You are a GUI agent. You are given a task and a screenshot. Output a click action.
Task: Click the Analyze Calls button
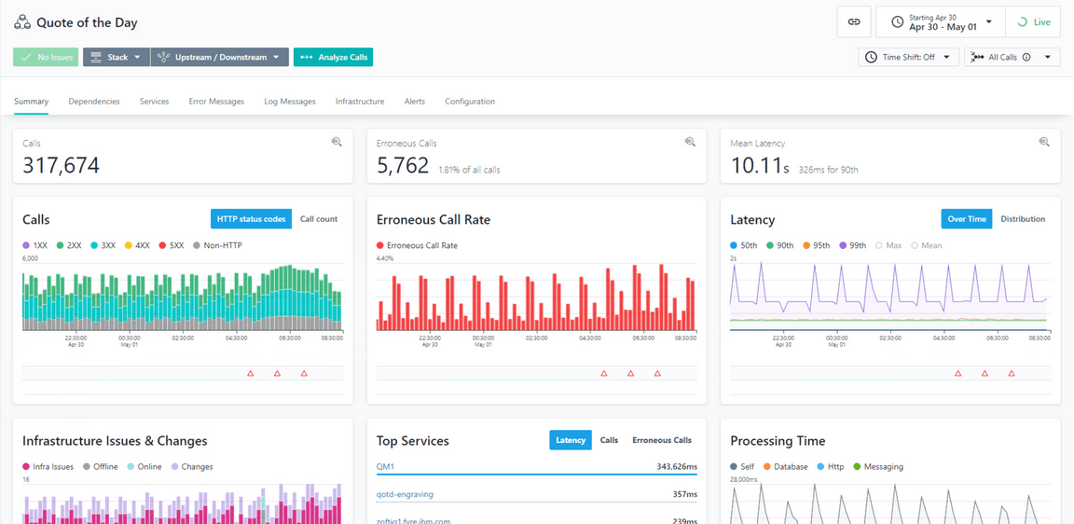click(333, 58)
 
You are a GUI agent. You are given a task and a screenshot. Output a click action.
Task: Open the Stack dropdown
click(117, 58)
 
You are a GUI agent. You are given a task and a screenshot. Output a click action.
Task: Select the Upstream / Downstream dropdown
click(219, 58)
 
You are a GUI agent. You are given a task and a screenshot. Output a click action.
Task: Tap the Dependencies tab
click(94, 102)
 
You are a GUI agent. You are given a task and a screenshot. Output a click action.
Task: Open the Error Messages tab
click(216, 102)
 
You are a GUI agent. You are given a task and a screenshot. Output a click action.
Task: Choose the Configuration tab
click(470, 102)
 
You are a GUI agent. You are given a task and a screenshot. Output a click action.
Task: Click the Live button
click(1033, 22)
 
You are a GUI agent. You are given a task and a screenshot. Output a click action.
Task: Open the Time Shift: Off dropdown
click(908, 58)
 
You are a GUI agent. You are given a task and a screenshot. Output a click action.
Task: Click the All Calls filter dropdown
click(1012, 58)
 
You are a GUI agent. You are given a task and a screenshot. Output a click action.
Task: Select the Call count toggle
click(319, 219)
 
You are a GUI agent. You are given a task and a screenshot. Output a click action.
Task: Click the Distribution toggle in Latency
click(1023, 219)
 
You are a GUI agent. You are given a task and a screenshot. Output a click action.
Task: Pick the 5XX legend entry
click(171, 246)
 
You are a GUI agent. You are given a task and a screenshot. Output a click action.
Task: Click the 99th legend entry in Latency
click(852, 246)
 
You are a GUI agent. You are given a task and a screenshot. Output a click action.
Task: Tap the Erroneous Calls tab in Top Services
click(662, 440)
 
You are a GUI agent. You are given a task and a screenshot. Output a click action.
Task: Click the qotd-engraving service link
click(405, 495)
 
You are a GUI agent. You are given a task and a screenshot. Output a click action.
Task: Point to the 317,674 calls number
click(62, 166)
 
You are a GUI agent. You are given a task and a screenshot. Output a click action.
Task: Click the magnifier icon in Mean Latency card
click(1044, 143)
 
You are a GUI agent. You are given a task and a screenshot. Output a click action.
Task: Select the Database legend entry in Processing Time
click(785, 467)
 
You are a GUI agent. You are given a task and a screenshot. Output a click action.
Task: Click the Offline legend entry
click(100, 467)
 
